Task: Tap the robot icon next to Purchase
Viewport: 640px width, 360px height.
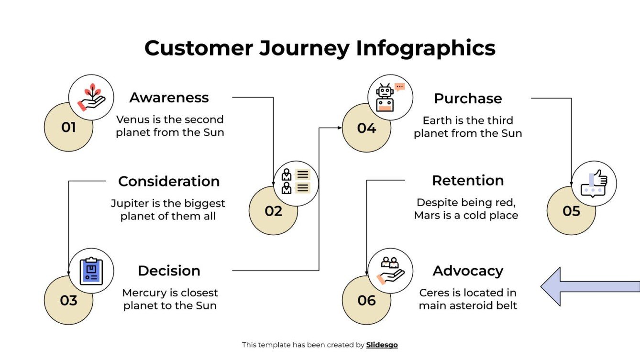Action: (x=386, y=97)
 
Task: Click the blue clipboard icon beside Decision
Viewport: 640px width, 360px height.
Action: (x=91, y=271)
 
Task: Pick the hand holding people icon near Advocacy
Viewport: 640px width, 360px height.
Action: (x=390, y=271)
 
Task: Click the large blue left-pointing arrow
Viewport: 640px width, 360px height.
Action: (x=590, y=286)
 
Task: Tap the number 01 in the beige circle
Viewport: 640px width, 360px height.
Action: (x=68, y=128)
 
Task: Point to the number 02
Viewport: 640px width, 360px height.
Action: (x=273, y=211)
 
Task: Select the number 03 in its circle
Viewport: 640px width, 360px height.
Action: (x=68, y=301)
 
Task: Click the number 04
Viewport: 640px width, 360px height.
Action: (x=366, y=128)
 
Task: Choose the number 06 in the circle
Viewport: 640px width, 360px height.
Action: (x=366, y=301)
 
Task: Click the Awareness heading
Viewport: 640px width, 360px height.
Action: (x=169, y=98)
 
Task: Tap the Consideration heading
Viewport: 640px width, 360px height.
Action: (x=169, y=181)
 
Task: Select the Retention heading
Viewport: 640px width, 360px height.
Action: (x=467, y=180)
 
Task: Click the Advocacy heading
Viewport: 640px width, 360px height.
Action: (x=467, y=271)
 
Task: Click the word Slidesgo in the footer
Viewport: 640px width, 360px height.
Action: (x=382, y=345)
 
